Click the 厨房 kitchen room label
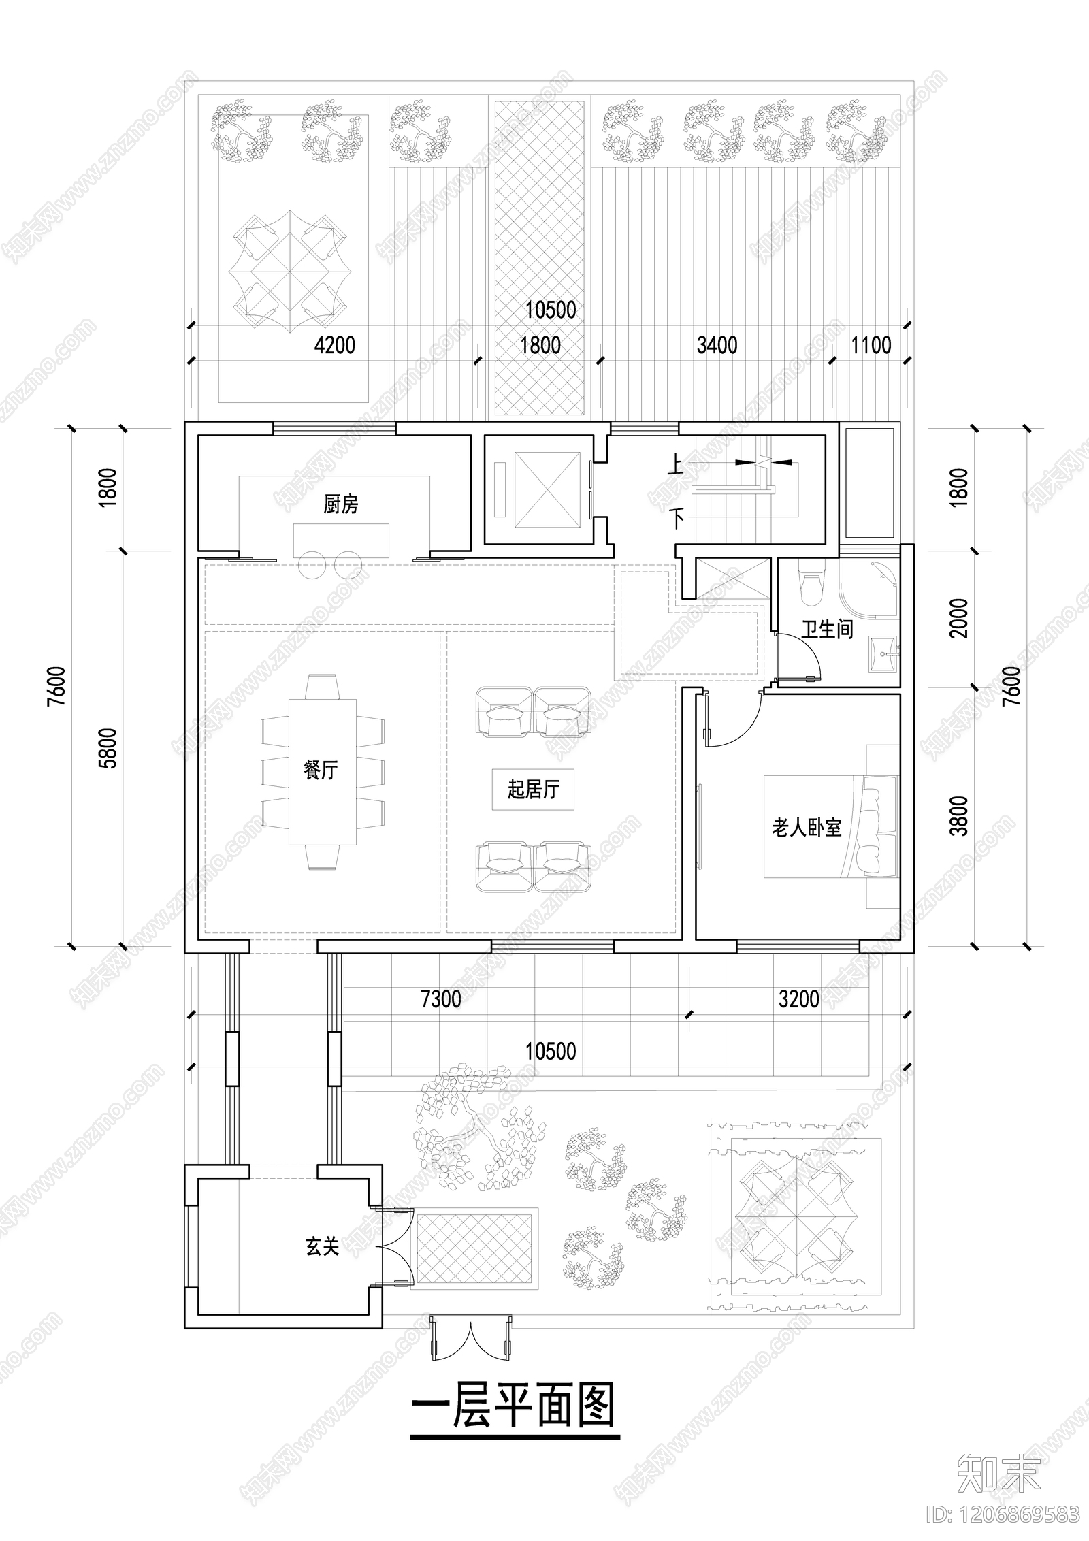point(340,504)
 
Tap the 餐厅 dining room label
point(321,770)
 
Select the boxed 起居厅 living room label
point(533,790)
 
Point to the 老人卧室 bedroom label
point(806,828)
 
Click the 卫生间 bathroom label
point(827,629)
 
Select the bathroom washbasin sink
point(883,655)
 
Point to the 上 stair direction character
point(676,466)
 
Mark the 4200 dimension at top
point(335,345)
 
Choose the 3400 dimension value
point(717,345)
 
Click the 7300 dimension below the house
point(441,999)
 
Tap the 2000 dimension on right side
point(958,617)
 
